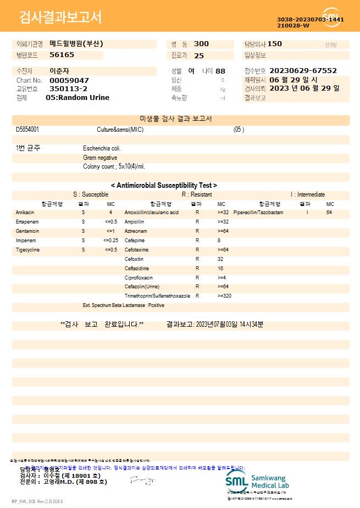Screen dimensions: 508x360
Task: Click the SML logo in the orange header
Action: coord(331,17)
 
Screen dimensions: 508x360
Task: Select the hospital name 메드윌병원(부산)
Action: coord(76,44)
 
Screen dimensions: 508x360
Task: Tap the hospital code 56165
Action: coord(62,55)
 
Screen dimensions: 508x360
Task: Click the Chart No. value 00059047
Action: coord(69,80)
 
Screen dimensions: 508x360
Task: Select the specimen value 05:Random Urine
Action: coord(77,98)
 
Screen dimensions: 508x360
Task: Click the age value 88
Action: coord(220,71)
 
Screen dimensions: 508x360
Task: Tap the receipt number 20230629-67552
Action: coord(303,71)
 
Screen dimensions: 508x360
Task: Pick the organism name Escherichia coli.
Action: coord(102,148)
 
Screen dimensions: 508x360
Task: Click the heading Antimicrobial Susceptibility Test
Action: coord(164,186)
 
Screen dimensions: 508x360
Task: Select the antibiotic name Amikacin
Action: coord(25,212)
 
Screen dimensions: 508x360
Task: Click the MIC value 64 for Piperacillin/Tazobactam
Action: coord(329,212)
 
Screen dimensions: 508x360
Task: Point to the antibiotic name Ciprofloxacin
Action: coord(139,277)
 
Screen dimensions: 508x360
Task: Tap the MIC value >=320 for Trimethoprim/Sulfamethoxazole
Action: coord(224,296)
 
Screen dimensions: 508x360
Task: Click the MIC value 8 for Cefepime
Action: coord(219,240)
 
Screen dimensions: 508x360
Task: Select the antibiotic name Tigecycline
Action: coord(27,249)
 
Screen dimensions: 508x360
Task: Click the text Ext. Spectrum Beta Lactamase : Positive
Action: coord(124,305)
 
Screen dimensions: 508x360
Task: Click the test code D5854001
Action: coord(27,130)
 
